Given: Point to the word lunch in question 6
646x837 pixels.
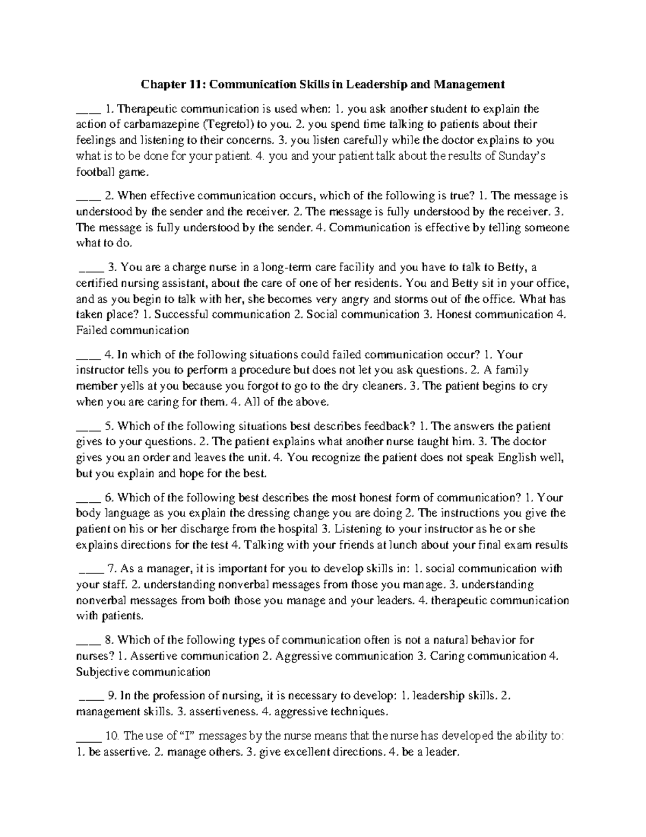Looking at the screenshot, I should coord(401,545).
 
